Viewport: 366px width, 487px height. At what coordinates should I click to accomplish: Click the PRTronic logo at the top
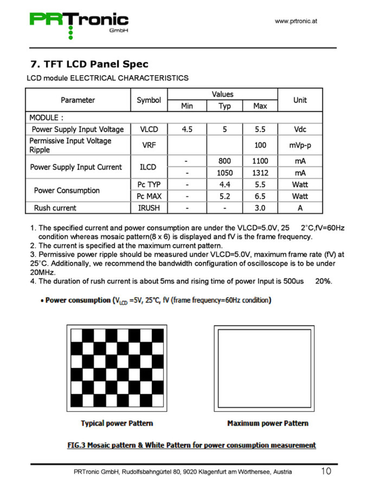(x=79, y=23)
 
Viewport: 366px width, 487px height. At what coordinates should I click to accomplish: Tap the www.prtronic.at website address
(x=296, y=21)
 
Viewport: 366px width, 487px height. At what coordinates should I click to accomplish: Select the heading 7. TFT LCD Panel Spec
(x=89, y=64)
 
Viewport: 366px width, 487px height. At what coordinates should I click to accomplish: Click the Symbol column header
(x=148, y=100)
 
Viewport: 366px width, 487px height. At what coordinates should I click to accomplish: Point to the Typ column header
(x=224, y=106)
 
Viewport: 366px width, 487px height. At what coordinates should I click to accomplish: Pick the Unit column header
(x=300, y=100)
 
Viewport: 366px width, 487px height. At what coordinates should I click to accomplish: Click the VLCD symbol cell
(x=149, y=129)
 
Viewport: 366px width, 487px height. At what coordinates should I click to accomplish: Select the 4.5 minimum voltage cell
(x=187, y=129)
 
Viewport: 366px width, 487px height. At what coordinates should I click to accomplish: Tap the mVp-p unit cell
(x=300, y=145)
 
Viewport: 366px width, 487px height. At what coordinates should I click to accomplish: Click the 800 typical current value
(x=224, y=161)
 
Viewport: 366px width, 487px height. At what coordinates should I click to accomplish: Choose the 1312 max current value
(x=260, y=173)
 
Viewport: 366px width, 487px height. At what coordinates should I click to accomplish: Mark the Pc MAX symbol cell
(x=149, y=196)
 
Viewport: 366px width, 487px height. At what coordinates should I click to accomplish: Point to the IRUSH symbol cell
(x=148, y=208)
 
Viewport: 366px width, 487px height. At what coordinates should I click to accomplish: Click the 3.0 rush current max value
(x=260, y=208)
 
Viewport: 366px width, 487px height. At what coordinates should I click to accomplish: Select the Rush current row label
(x=55, y=208)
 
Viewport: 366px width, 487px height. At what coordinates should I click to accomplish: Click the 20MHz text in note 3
(x=42, y=272)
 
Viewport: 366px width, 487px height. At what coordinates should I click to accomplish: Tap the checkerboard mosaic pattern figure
(x=117, y=368)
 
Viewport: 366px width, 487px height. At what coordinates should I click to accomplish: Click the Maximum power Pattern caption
(x=268, y=423)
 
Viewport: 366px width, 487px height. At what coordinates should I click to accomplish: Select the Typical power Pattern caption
(x=117, y=423)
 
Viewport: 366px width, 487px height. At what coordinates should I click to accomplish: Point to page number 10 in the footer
(x=326, y=471)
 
